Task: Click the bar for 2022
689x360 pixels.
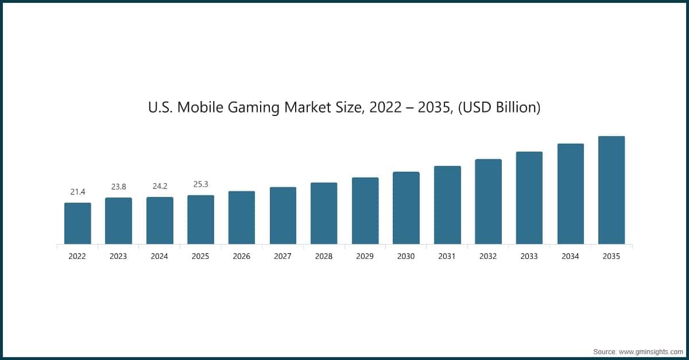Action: click(x=78, y=223)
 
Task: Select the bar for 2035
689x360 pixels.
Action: click(x=611, y=190)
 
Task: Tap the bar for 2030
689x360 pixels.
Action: click(x=406, y=208)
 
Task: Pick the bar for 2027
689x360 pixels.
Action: click(x=283, y=215)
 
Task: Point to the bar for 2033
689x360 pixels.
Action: click(x=529, y=198)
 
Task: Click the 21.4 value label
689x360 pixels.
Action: click(x=78, y=192)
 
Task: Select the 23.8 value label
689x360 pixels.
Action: click(x=118, y=187)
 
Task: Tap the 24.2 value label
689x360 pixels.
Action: click(x=160, y=186)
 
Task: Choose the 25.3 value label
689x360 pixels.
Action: click(x=200, y=184)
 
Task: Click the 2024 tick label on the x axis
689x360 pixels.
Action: click(x=160, y=257)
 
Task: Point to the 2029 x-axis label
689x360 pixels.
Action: click(x=365, y=257)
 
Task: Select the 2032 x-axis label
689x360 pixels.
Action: click(x=488, y=257)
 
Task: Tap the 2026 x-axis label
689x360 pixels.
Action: click(x=242, y=257)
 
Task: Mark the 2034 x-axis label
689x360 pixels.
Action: click(x=570, y=257)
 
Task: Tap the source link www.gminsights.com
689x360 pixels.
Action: click(x=650, y=351)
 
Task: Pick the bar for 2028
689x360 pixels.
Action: click(x=324, y=213)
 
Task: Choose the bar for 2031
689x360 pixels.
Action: click(x=447, y=205)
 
